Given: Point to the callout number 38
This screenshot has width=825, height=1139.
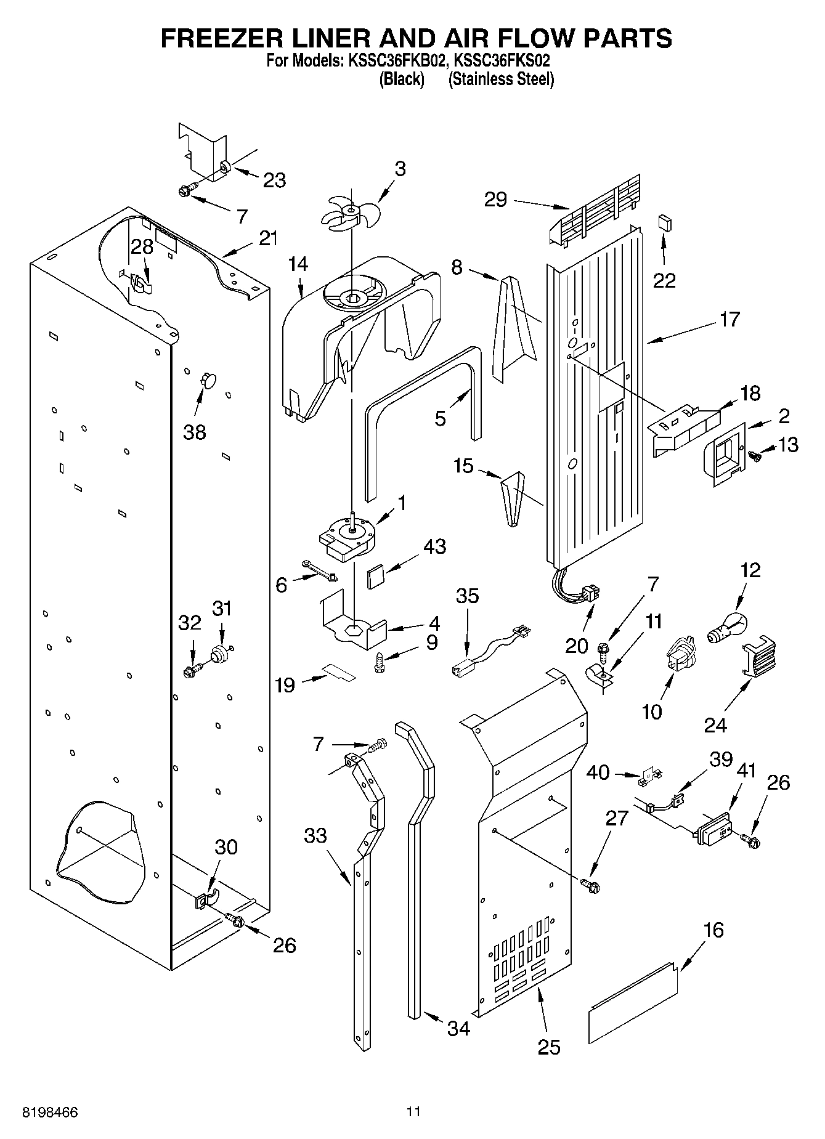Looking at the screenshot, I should tap(195, 432).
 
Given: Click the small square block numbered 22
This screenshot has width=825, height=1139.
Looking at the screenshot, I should tap(664, 222).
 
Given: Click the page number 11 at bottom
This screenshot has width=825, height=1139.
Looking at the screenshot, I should tap(413, 1112).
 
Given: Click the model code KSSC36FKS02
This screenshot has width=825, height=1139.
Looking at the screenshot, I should tap(502, 61).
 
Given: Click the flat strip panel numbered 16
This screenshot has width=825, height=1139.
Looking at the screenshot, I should tap(633, 1002).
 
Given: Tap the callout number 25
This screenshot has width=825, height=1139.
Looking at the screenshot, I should tap(549, 1047).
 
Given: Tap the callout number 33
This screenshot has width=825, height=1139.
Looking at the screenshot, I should tap(315, 835).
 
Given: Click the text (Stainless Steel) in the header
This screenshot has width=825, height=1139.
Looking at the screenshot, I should tap(501, 79).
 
